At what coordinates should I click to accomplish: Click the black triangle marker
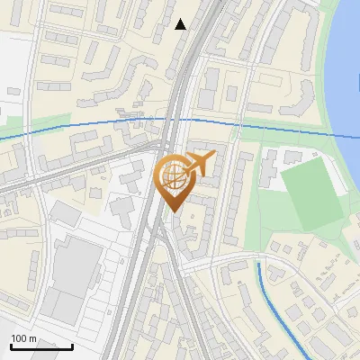(x=181, y=24)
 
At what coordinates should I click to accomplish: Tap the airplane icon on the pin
(x=200, y=165)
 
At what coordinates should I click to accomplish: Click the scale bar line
(x=41, y=346)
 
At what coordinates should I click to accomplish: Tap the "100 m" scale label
(x=24, y=338)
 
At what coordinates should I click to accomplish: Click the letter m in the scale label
(x=33, y=338)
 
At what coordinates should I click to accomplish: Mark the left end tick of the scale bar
(x=11, y=345)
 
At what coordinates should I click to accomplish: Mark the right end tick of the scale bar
(x=72, y=345)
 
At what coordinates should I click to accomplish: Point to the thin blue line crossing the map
(x=90, y=125)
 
